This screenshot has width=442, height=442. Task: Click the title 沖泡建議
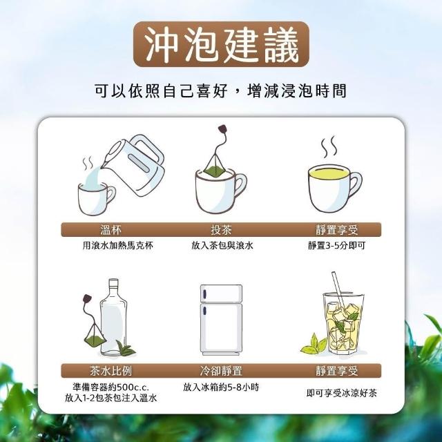coord(221,44)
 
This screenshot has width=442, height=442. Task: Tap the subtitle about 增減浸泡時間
coord(220,90)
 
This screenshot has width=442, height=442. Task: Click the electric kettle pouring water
coord(133,165)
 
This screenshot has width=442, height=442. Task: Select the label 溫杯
coord(110,230)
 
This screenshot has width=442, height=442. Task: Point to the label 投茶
coord(221,230)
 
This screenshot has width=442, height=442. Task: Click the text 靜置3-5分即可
coord(336,246)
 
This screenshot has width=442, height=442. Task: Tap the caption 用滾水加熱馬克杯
coord(118,246)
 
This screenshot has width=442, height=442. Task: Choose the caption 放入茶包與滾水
coord(222,246)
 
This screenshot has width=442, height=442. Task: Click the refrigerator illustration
coord(221,320)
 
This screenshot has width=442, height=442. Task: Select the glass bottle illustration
coord(113,316)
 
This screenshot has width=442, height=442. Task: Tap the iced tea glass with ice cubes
coord(343,323)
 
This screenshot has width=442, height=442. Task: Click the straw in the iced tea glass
coord(339,293)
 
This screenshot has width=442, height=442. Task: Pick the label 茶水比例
coord(110,371)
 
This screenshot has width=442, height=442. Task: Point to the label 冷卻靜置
coord(221,371)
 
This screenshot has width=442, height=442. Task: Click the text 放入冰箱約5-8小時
coord(221,387)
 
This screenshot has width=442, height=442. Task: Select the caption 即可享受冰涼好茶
coord(342,393)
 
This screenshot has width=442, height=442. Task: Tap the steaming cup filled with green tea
coord(335,187)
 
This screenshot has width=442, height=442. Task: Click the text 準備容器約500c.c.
coord(110,387)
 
